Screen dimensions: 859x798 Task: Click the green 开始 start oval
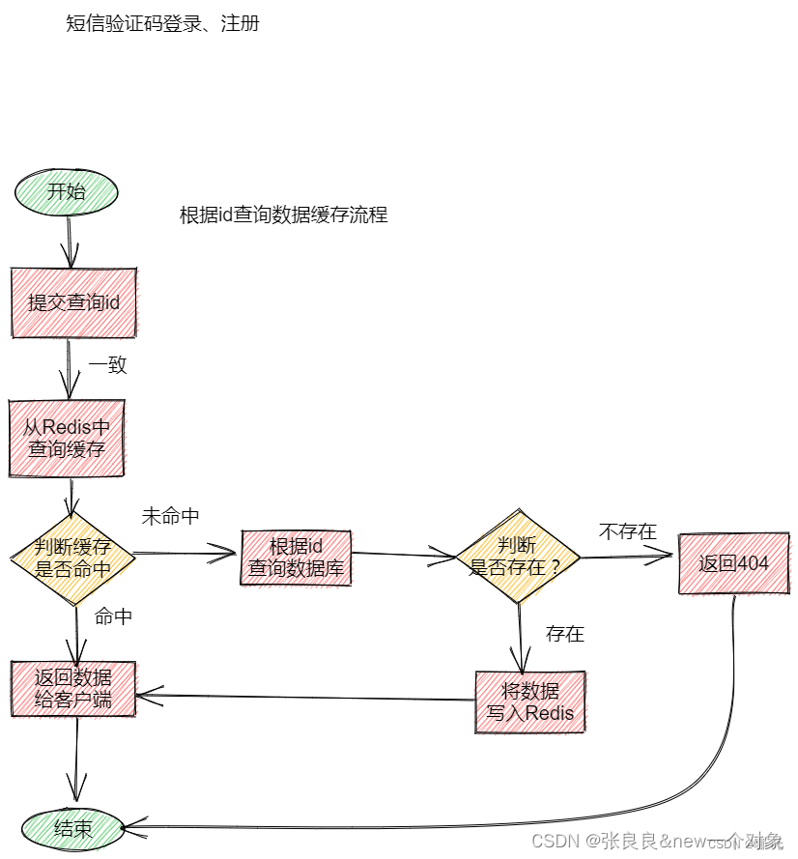click(67, 192)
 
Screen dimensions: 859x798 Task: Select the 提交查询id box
click(73, 302)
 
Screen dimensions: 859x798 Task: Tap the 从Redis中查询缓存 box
click(67, 438)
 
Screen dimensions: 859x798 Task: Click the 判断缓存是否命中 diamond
click(73, 558)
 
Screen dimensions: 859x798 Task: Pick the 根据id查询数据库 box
click(296, 558)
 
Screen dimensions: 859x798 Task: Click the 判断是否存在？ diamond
click(517, 557)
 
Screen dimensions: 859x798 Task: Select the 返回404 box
click(733, 563)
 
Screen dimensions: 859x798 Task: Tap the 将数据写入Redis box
click(530, 702)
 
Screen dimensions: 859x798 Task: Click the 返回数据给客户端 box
click(73, 689)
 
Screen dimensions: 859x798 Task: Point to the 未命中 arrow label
click(171, 517)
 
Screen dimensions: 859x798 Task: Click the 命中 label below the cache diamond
click(114, 616)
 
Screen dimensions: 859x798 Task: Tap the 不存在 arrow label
click(628, 531)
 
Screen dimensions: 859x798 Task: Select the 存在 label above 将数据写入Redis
click(565, 634)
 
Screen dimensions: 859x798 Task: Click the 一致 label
click(108, 365)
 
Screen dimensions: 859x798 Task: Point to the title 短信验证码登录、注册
click(162, 24)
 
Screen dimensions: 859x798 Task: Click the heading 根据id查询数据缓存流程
click(283, 215)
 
